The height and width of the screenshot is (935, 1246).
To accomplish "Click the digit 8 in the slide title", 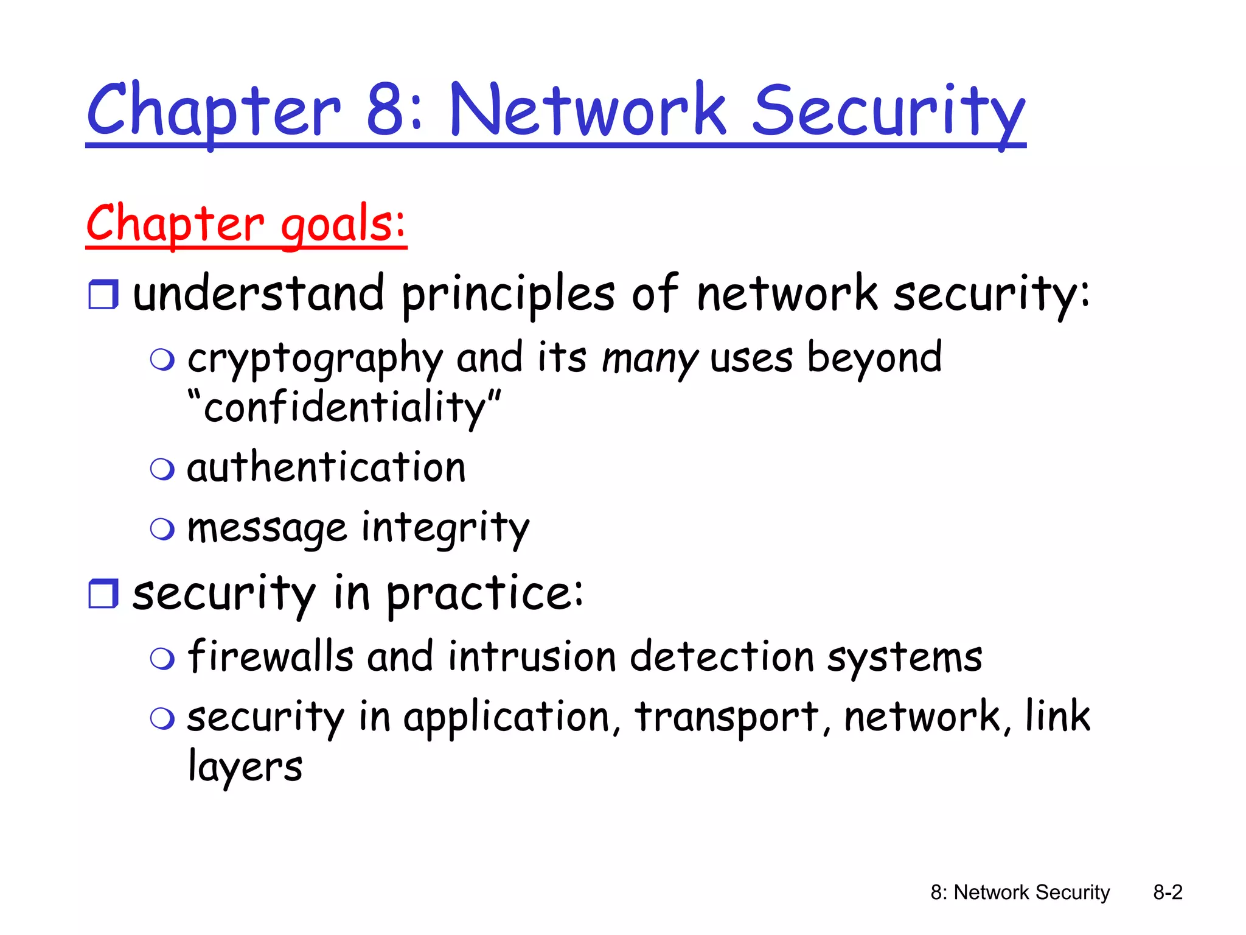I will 386,110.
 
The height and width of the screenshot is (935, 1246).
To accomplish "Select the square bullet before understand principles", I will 103,295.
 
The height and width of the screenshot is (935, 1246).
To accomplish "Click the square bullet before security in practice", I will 103,594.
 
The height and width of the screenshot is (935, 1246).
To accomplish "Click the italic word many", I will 650,359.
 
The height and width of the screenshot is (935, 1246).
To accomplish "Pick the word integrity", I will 445,528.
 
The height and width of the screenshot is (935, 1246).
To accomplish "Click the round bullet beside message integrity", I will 162,529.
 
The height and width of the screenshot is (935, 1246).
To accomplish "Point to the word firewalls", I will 270,657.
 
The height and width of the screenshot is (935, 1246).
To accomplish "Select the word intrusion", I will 532,657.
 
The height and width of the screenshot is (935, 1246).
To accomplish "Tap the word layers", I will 245,767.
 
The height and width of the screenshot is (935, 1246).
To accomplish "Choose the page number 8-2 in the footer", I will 1168,892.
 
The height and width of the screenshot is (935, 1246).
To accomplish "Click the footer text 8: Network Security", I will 1020,892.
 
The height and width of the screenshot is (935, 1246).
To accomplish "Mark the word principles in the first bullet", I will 508,295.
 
